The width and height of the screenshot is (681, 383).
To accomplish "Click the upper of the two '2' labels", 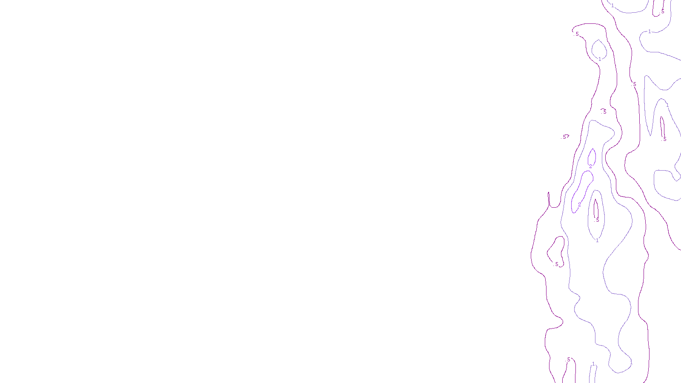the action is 590,166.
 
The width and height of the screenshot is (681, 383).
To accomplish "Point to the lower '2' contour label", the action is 579,205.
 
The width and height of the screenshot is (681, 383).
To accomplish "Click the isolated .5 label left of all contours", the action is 565,137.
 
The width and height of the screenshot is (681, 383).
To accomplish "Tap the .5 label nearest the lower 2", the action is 597,220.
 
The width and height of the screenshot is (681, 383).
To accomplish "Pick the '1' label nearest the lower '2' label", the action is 597,240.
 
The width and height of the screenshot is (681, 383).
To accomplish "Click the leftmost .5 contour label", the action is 556,264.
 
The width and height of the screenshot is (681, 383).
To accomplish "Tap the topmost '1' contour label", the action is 612,6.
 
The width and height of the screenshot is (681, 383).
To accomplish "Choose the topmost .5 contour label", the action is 662,11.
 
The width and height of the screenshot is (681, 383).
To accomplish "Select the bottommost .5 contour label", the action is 568,360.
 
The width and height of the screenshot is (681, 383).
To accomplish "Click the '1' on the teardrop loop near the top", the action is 600,59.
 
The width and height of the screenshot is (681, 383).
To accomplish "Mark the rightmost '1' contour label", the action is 667,105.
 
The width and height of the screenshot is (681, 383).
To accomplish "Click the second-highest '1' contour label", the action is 650,31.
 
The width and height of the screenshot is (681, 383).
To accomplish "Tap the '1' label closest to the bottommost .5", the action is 593,364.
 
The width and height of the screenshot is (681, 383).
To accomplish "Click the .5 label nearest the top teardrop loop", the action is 577,34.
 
